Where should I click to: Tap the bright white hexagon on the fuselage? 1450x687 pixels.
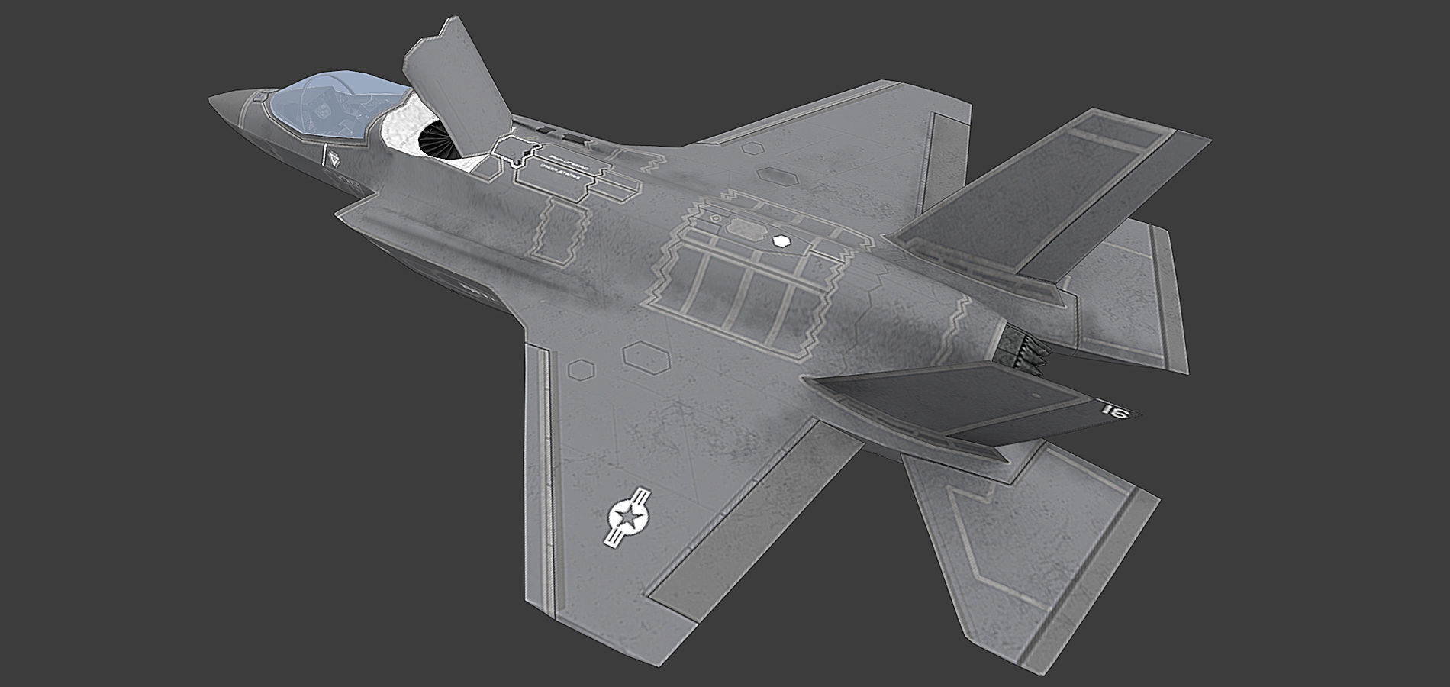click(780, 241)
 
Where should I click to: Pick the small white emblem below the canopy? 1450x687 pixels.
click(333, 158)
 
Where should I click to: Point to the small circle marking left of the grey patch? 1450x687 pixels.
click(715, 218)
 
